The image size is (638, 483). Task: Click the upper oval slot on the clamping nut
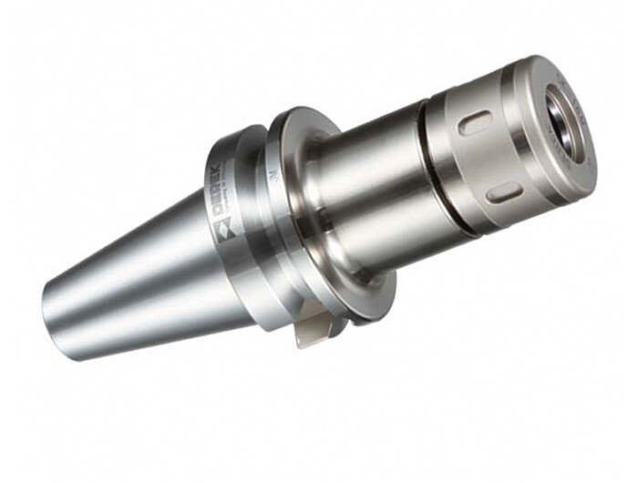pyautogui.click(x=475, y=121)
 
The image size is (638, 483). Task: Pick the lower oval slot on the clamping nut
pyautogui.click(x=504, y=191)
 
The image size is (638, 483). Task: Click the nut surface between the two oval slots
pyautogui.click(x=489, y=157)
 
